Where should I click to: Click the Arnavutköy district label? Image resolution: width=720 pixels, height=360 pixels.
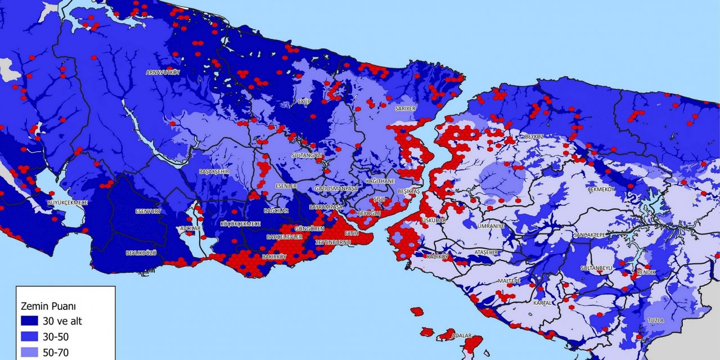[x=163, y=73]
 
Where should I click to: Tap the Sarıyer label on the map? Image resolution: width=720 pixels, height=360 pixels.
[x=405, y=108]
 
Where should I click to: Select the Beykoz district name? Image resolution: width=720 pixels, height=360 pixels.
[x=533, y=137]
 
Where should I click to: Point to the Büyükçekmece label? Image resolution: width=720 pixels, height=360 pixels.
[x=67, y=201]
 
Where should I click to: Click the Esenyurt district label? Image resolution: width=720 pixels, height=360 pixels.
[x=148, y=211]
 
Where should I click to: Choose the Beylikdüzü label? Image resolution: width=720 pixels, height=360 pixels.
[x=140, y=254]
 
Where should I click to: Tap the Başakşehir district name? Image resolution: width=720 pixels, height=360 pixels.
[x=214, y=172]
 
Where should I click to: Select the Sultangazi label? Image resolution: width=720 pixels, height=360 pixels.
[x=307, y=155]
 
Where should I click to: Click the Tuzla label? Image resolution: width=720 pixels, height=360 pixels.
[x=655, y=321]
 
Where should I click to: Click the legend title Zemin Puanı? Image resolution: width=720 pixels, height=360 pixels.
[x=48, y=307]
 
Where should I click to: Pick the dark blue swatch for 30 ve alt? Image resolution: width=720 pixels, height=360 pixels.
[x=28, y=321]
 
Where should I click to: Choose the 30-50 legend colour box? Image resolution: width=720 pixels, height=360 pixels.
[x=28, y=337]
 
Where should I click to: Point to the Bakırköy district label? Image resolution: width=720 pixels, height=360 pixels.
[x=274, y=257]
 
